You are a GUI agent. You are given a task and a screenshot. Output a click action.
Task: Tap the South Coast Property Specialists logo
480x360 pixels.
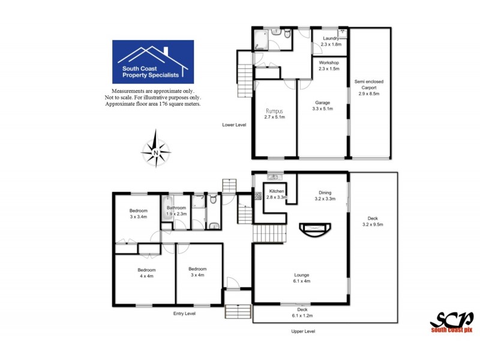click(x=153, y=63)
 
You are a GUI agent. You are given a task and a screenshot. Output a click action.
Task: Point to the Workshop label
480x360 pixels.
click(x=329, y=65)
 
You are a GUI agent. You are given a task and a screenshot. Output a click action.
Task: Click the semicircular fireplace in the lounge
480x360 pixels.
click(x=314, y=230)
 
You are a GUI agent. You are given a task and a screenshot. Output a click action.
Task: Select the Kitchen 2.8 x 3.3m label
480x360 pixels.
click(x=277, y=194)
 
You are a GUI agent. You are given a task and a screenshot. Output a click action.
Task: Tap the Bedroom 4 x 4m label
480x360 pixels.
click(x=142, y=273)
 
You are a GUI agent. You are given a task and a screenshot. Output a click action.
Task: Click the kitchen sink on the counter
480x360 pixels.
click(x=275, y=176)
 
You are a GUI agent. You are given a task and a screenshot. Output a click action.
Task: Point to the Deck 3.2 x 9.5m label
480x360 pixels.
click(x=372, y=221)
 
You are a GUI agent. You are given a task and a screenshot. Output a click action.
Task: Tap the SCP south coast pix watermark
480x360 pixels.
click(x=451, y=321)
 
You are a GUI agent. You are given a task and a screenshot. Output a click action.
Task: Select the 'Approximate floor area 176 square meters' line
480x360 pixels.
click(x=153, y=104)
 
